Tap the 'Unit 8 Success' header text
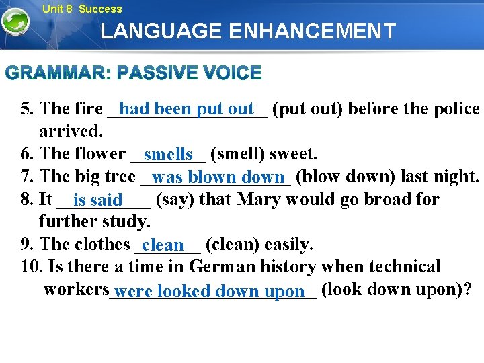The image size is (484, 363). coord(82,9)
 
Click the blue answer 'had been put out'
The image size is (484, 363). coord(187,108)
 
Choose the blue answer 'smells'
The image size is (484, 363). coord(168,155)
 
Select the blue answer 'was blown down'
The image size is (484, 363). coord(218,177)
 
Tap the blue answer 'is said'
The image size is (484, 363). coord(98,200)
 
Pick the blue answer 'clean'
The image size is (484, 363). coord(163,245)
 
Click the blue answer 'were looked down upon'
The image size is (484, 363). coord(210,292)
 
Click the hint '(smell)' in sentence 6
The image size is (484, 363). coord(238,154)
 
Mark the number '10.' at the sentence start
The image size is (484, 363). coord(32,267)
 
